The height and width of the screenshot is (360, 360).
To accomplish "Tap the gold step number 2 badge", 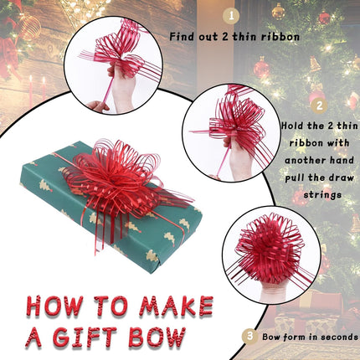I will click(x=317, y=105).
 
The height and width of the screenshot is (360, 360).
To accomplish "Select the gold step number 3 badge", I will click(x=249, y=335).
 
